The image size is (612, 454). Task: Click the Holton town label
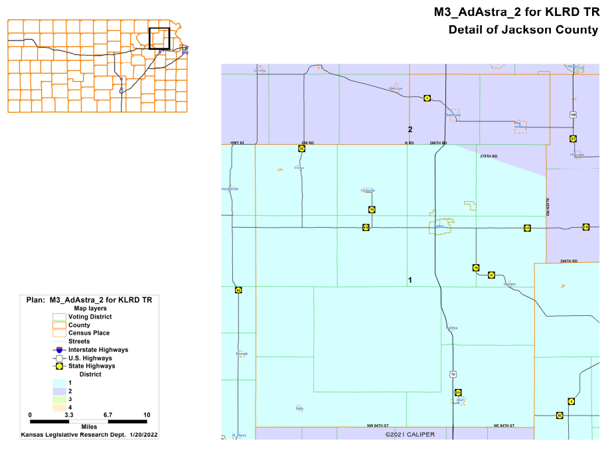click(x=439, y=226)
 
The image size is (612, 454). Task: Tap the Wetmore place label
click(x=396, y=88)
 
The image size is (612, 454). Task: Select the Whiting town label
click(x=520, y=126)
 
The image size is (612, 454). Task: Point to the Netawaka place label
click(x=453, y=114)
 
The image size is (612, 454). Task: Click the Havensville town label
click(x=230, y=189)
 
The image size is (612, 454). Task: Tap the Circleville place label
click(x=368, y=190)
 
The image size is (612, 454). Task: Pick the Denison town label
click(x=509, y=284)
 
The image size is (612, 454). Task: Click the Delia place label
click(x=299, y=408)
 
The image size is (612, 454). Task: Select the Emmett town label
click(x=242, y=354)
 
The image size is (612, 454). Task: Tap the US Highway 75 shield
click(x=453, y=374)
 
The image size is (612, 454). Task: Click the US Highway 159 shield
click(x=573, y=115)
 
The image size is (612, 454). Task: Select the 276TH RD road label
click(x=488, y=156)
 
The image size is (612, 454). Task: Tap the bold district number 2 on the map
click(x=410, y=129)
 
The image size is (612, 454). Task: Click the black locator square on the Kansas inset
click(x=159, y=38)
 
